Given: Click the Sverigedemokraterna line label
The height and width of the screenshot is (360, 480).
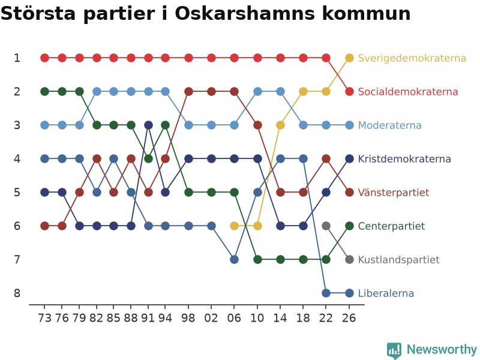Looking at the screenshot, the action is [412, 58].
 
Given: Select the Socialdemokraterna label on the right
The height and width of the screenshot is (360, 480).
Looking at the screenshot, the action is [408, 92].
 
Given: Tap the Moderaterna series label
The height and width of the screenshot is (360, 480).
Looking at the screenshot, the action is [389, 125].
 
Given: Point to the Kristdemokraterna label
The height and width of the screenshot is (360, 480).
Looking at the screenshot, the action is [404, 159].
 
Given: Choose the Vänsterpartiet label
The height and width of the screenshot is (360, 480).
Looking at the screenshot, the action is [394, 193].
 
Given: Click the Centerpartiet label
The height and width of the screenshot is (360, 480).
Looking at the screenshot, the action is [391, 226].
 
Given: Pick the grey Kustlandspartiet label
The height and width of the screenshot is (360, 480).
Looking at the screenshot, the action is [398, 260].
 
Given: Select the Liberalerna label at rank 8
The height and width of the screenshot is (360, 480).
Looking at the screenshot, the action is [386, 293].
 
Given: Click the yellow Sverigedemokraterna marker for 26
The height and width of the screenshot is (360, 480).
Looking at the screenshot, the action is [349, 58].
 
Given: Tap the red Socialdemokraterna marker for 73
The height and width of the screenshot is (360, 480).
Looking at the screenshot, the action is [44, 58].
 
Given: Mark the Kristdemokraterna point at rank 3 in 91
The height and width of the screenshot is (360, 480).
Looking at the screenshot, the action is [148, 125].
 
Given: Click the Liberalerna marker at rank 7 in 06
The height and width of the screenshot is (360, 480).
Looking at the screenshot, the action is [234, 260].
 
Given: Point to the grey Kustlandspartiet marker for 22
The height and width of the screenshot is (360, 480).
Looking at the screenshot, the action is [326, 226].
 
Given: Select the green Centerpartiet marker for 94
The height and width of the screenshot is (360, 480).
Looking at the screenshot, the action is [166, 125].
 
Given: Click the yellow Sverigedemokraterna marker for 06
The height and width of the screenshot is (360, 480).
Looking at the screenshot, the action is [234, 226].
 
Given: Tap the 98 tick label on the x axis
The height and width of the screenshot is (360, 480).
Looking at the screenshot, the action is [188, 318].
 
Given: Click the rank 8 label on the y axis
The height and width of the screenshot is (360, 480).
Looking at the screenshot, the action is [17, 293].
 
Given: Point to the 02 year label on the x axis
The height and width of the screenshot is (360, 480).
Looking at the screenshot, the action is [211, 318].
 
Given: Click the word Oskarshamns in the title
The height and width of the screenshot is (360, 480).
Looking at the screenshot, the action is [245, 13].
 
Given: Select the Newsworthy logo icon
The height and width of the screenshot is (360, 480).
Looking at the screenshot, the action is [394, 350].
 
